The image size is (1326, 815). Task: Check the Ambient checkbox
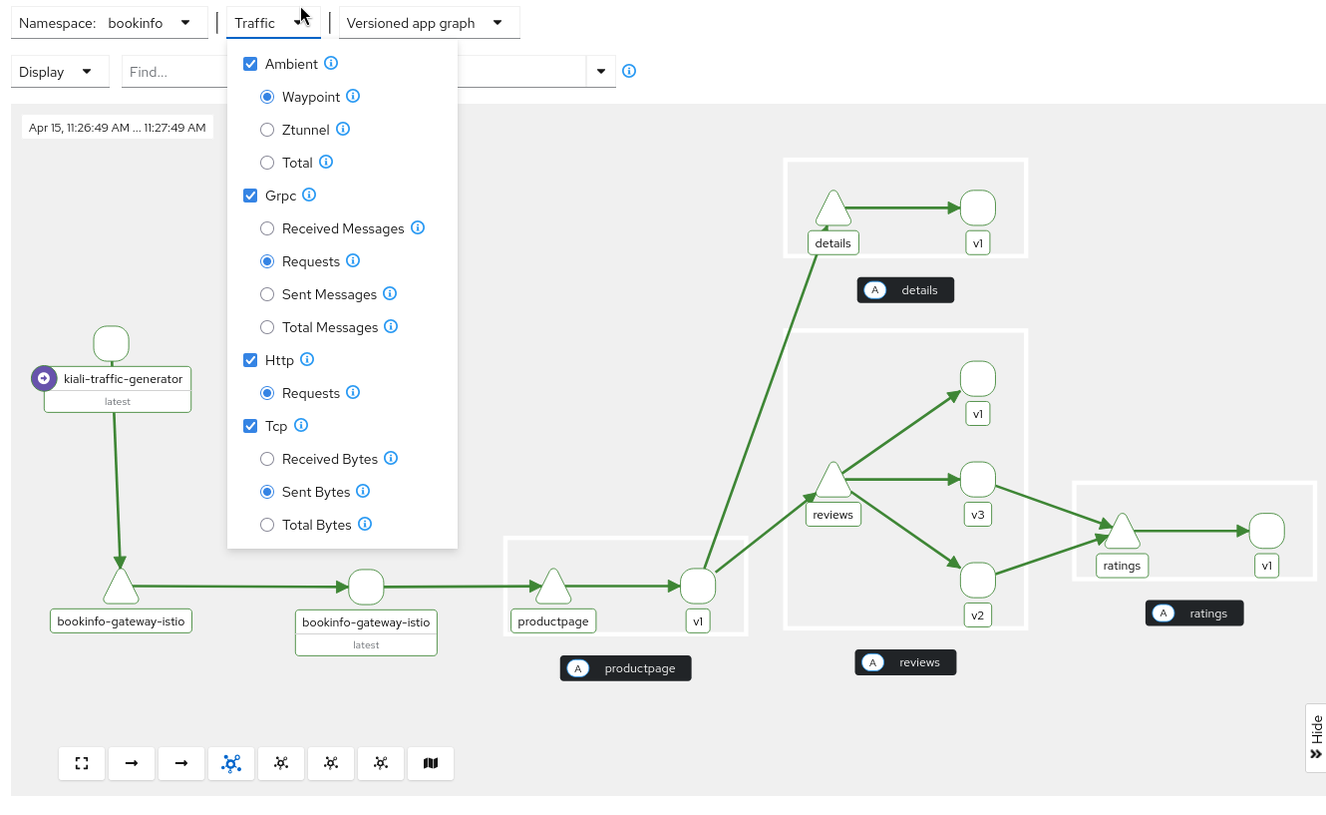click(x=251, y=64)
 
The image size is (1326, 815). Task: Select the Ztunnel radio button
click(x=267, y=130)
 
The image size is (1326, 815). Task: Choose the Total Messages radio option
click(x=267, y=327)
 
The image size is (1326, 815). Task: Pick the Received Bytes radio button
click(x=267, y=459)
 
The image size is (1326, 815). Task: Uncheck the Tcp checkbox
click(x=251, y=426)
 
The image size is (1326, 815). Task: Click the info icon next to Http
click(x=307, y=359)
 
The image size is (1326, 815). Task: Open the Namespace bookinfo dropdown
click(x=109, y=23)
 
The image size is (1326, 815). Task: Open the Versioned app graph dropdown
click(x=429, y=23)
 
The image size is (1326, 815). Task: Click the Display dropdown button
click(x=59, y=72)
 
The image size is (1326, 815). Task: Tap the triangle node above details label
click(x=832, y=209)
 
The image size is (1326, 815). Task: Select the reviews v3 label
click(x=978, y=515)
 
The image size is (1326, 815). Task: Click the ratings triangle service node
click(x=1122, y=533)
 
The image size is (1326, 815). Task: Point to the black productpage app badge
click(x=626, y=668)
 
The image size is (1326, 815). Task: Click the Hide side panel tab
click(x=1315, y=737)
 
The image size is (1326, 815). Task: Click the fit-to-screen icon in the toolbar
click(x=82, y=763)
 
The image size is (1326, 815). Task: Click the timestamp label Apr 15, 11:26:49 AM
click(x=118, y=128)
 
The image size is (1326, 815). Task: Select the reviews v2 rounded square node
click(x=978, y=581)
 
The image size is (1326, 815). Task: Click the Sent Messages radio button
click(x=267, y=294)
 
